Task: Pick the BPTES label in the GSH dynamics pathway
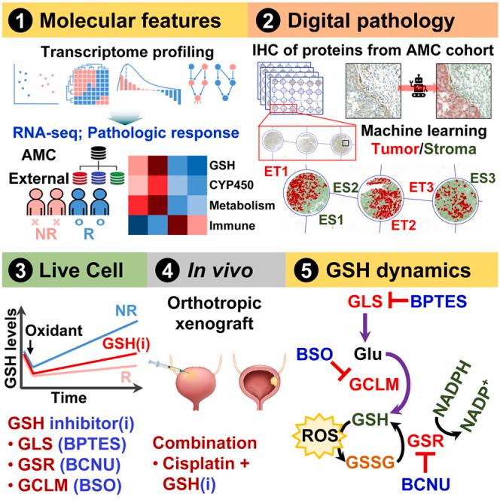click(x=437, y=303)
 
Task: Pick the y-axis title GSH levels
click(x=12, y=352)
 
